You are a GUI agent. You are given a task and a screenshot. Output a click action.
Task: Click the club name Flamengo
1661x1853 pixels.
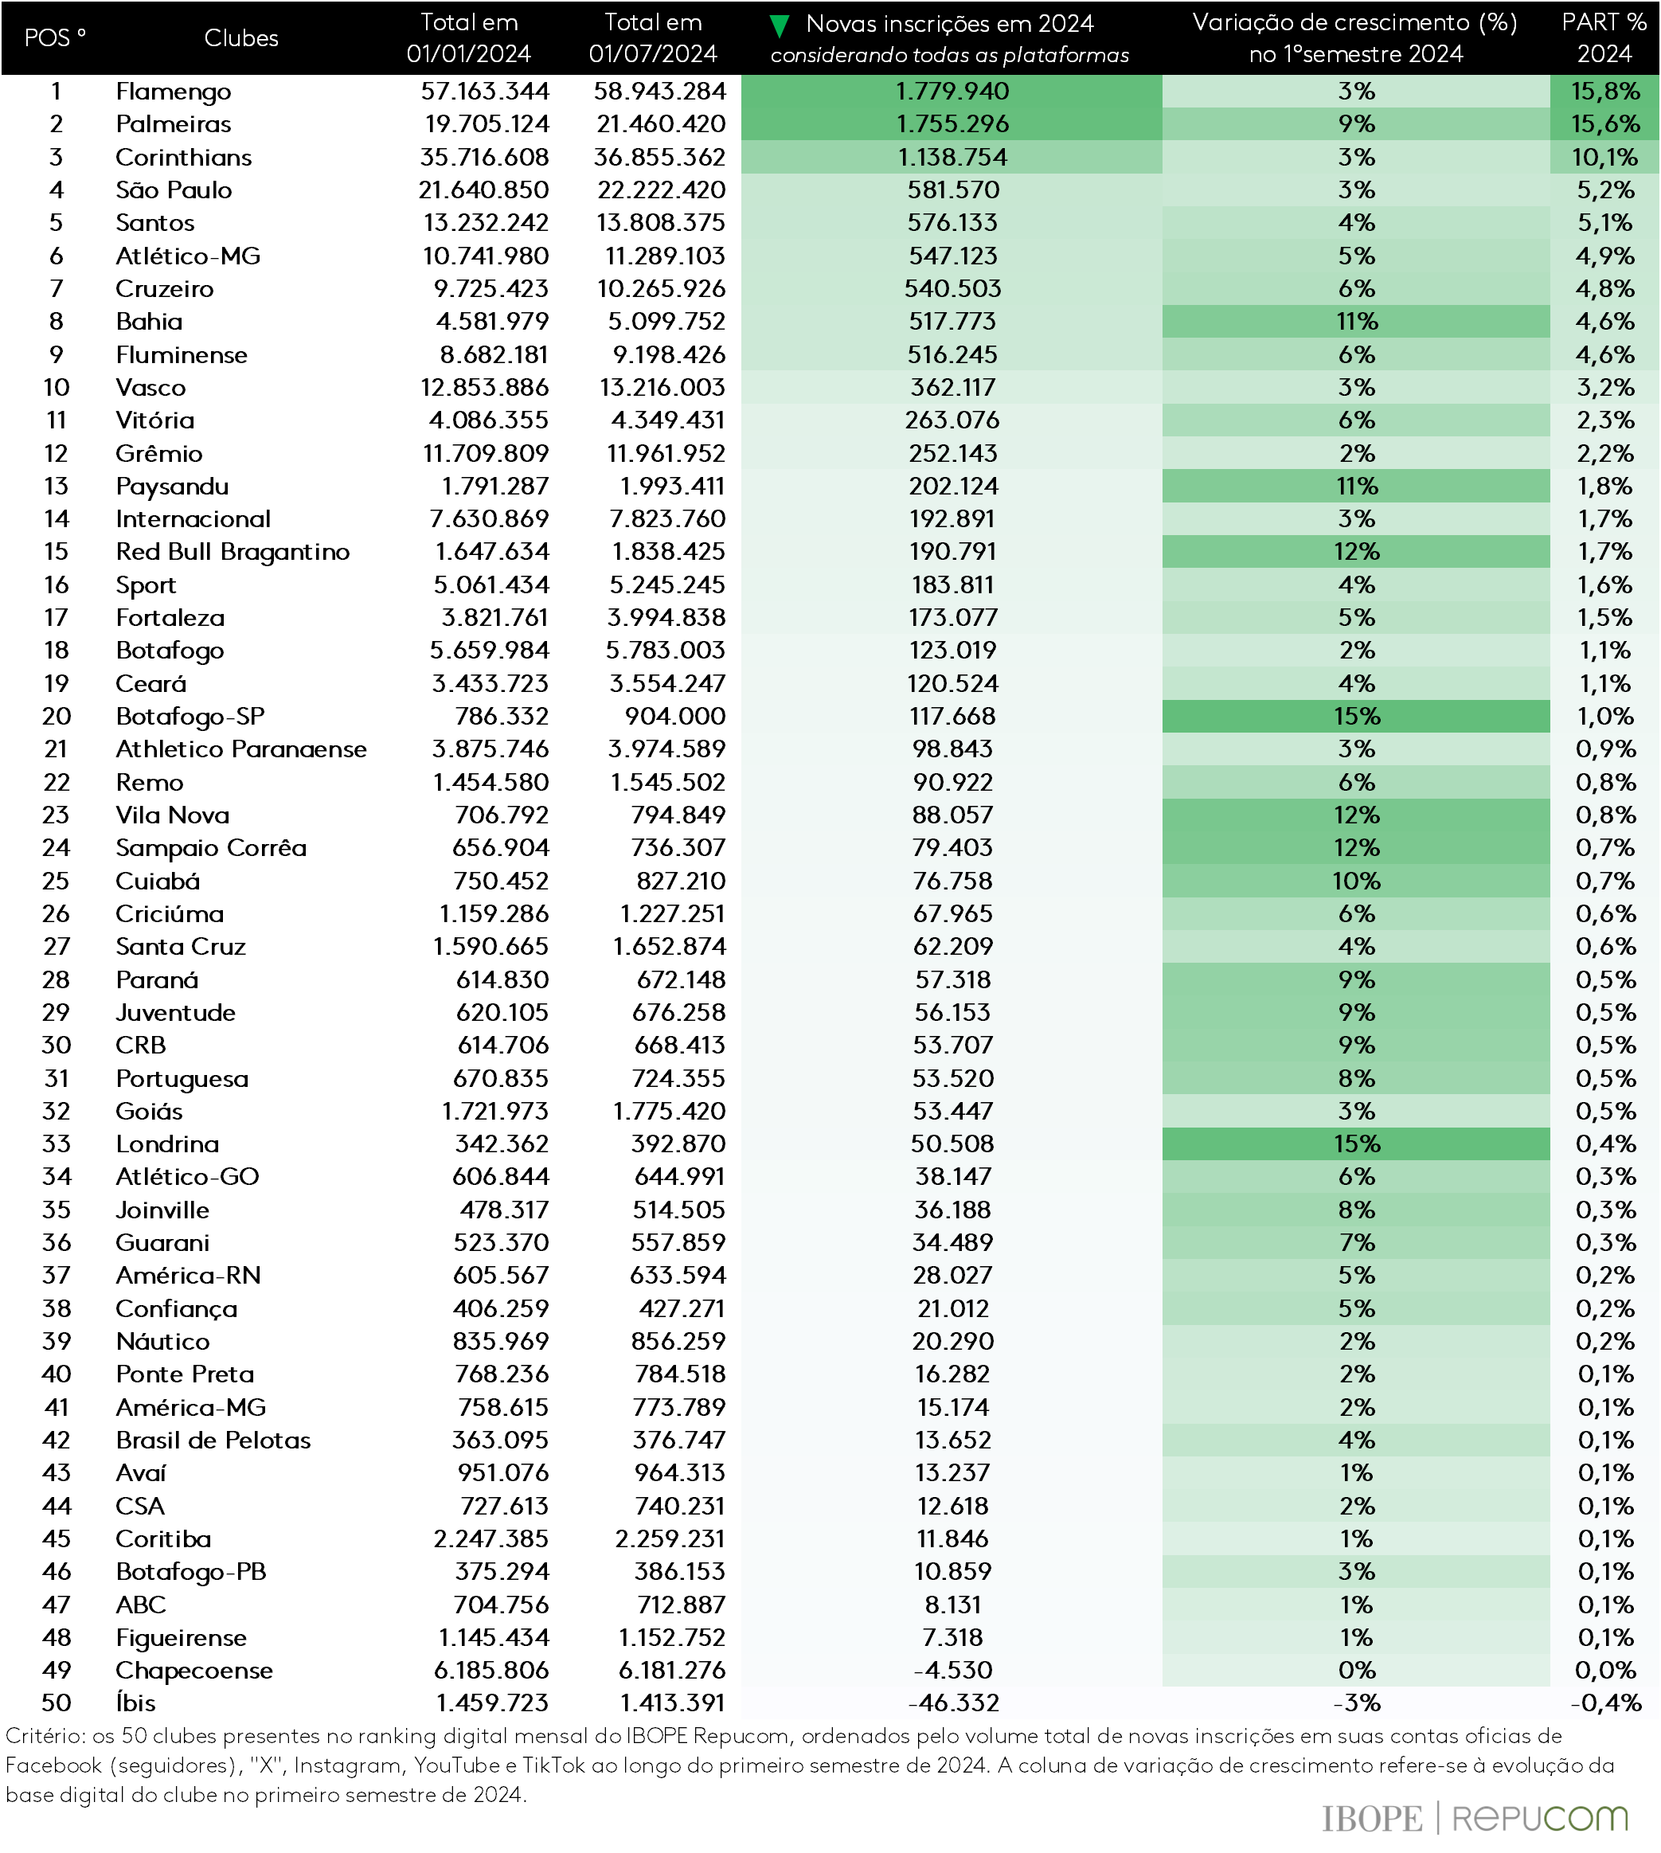click(174, 92)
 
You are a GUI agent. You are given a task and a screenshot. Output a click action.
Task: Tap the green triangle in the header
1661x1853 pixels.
click(779, 25)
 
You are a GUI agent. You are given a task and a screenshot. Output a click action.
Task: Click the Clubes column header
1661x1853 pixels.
click(241, 38)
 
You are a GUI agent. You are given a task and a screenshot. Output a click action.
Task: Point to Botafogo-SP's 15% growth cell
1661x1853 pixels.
click(1356, 717)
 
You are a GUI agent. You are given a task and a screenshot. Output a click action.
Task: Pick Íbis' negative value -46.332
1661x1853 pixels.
click(953, 1702)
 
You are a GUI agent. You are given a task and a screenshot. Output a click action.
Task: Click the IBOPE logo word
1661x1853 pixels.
click(1372, 1818)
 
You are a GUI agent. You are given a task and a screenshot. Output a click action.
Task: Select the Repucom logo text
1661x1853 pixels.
click(1541, 1818)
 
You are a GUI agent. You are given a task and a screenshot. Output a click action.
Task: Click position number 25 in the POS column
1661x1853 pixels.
click(56, 881)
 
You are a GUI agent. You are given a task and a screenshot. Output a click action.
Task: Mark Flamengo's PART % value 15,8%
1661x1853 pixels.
click(1604, 92)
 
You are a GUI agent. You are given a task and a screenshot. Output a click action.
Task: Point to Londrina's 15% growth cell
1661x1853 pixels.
click(1356, 1143)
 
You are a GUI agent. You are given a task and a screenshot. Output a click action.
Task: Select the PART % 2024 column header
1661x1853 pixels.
click(1604, 38)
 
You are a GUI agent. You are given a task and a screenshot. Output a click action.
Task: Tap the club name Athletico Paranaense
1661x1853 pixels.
click(241, 749)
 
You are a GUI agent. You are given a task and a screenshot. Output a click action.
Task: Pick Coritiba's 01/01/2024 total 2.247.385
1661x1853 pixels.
click(491, 1538)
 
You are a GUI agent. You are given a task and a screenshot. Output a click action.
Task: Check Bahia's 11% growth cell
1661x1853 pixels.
click(1356, 321)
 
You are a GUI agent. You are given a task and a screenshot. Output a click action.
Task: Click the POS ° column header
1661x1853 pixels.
click(55, 38)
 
